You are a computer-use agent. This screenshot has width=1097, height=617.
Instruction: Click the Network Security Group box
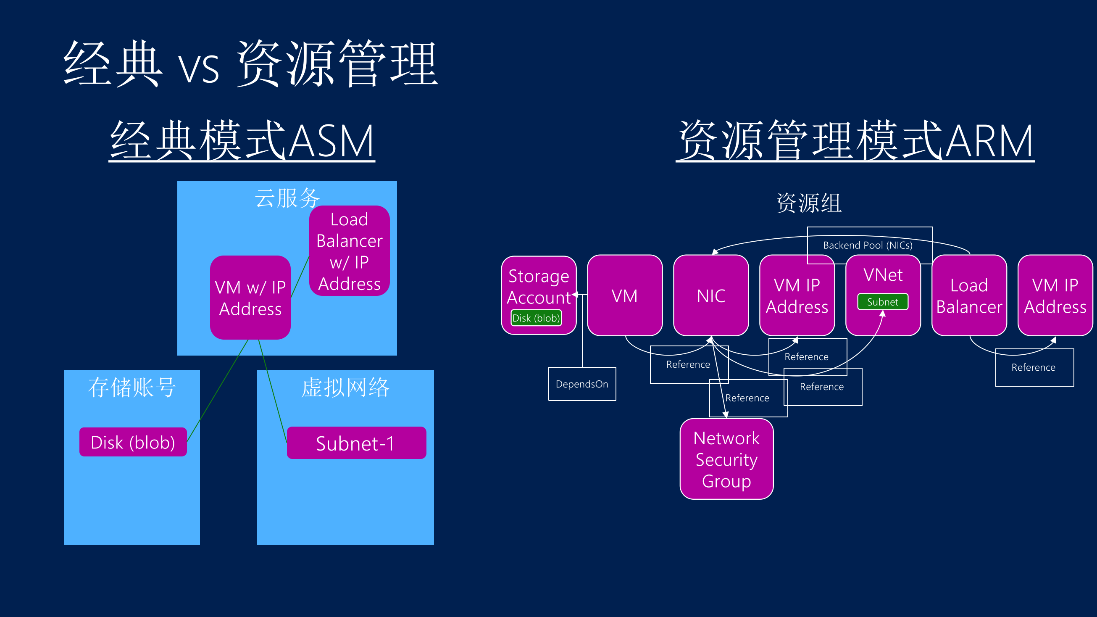(x=726, y=459)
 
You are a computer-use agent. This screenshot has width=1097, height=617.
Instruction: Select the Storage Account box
(x=539, y=285)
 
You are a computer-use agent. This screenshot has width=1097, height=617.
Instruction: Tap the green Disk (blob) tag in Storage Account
(x=536, y=318)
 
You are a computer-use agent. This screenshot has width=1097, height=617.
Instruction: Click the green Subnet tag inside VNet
(x=882, y=302)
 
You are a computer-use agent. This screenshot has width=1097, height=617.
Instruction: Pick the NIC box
(x=711, y=295)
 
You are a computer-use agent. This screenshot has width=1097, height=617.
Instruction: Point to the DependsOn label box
(x=582, y=384)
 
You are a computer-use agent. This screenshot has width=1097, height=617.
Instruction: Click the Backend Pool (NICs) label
(x=868, y=245)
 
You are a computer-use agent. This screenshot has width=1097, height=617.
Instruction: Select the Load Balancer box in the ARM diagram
(x=969, y=295)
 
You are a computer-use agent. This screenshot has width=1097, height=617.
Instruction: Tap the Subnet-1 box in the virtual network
(x=356, y=443)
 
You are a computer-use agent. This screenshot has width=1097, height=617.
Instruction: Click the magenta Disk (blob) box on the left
(x=133, y=442)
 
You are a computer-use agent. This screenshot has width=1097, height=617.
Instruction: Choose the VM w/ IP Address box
(x=250, y=298)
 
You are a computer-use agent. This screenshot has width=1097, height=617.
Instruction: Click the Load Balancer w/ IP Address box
(x=349, y=251)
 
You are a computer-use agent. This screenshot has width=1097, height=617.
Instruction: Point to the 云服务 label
(x=287, y=198)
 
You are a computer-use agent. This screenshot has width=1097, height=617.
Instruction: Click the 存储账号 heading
(x=132, y=388)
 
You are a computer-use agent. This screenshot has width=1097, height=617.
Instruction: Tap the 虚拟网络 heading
(x=345, y=388)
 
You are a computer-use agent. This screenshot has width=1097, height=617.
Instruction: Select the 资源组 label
(x=809, y=203)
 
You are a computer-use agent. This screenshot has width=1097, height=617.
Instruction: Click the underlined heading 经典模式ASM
(x=242, y=140)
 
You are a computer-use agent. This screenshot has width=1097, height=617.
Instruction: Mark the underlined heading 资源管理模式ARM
(x=855, y=140)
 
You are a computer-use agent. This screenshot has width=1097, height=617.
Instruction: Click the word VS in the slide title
(x=198, y=68)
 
